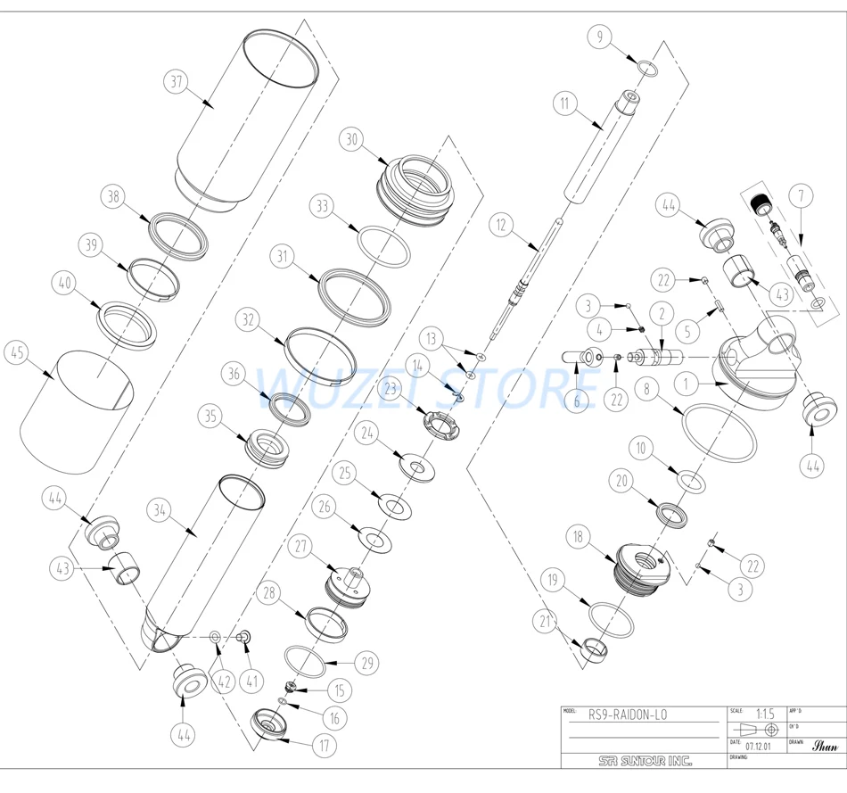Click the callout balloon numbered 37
click(177, 80)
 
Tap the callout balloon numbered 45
click(16, 352)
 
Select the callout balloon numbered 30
click(351, 139)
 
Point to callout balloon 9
click(600, 37)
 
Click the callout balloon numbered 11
click(563, 103)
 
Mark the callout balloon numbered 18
click(579, 537)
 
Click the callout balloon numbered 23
click(391, 388)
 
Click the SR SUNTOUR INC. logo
click(646, 761)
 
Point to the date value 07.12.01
click(759, 744)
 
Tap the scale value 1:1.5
click(764, 714)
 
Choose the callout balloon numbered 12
click(501, 227)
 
